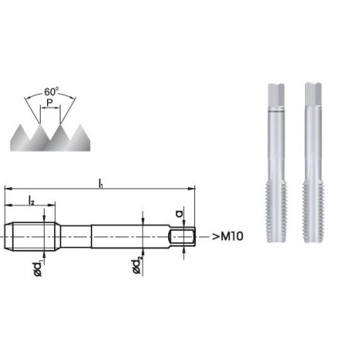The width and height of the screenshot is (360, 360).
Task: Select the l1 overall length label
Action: click(x=100, y=183)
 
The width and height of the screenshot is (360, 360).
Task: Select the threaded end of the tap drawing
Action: click(x=33, y=237)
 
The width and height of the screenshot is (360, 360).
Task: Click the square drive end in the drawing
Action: click(x=184, y=237)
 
